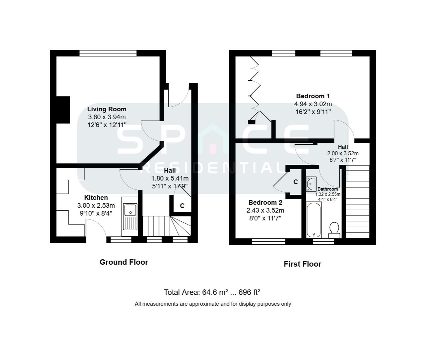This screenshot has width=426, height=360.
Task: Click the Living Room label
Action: click(x=107, y=109)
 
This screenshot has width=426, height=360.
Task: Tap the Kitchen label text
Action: click(x=96, y=198)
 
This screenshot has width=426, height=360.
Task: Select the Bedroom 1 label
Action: click(x=313, y=96)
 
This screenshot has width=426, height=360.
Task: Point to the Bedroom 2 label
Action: click(x=265, y=202)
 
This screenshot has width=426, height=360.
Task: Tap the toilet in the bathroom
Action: click(x=334, y=229)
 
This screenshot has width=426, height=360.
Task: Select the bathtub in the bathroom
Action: click(x=313, y=220)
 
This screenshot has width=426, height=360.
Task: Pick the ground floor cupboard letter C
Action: click(x=182, y=206)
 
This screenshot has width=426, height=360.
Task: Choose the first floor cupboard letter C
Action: click(x=295, y=182)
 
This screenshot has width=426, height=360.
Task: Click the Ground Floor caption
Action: click(x=124, y=262)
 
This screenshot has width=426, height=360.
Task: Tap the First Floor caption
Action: click(x=302, y=264)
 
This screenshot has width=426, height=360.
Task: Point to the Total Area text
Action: click(x=212, y=292)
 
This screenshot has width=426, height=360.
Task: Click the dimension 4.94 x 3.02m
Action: click(x=313, y=104)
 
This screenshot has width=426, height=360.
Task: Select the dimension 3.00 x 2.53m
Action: click(x=96, y=205)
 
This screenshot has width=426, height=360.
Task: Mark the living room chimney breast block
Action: click(x=63, y=110)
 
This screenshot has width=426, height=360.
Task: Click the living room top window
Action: click(x=108, y=53)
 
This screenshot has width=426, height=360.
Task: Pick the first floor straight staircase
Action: click(x=358, y=201)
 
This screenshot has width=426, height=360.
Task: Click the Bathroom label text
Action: click(x=327, y=189)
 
